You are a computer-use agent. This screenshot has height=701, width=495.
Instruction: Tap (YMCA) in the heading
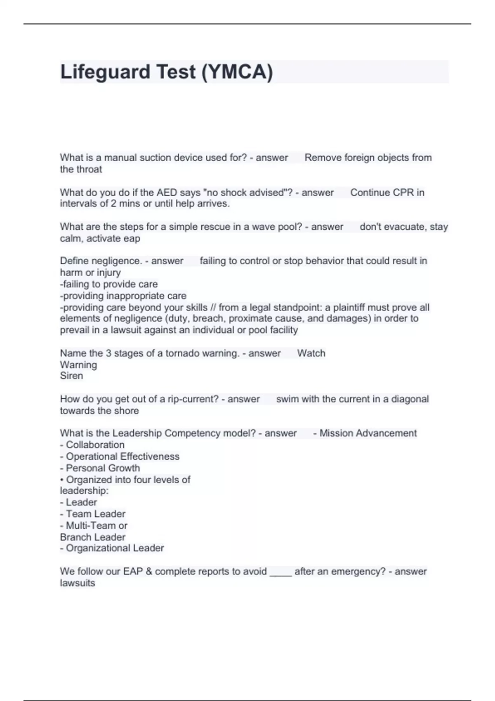[237, 72]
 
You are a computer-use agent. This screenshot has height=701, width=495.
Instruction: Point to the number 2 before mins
[113, 204]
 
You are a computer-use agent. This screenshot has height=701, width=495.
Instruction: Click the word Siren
[71, 376]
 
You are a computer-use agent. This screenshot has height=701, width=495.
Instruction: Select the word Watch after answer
[311, 353]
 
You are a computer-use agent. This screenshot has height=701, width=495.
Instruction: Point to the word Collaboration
[95, 445]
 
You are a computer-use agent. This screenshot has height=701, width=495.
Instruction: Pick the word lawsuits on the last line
[78, 583]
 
